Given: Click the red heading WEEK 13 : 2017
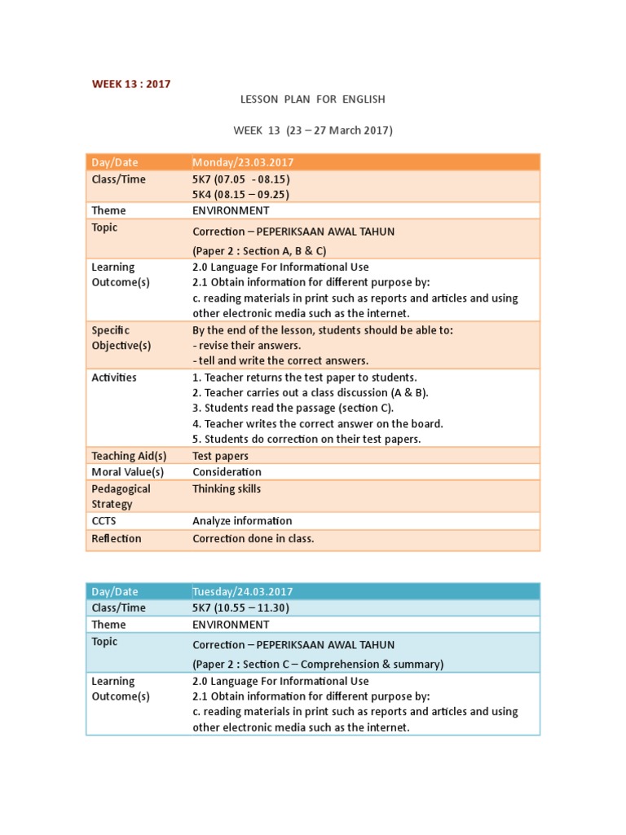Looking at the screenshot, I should point(130,84).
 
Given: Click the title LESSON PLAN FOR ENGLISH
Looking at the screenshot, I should point(312,99).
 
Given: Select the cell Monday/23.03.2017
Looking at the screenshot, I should point(243,162).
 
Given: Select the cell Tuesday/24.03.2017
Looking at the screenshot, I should point(243,591).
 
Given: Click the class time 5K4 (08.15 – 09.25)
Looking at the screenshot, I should point(241,194).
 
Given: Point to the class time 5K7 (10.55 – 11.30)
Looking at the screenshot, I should point(241,607).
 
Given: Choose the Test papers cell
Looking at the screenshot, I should point(220,456).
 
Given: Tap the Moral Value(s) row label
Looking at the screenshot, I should point(128,472).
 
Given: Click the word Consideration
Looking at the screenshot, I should point(227,472).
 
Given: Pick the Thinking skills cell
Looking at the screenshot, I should point(227,489).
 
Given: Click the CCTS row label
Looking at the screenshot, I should point(104,521).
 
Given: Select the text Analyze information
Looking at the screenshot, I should point(242,521).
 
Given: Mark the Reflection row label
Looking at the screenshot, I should point(116,538).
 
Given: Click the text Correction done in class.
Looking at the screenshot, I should point(253,538).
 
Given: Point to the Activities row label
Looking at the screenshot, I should point(114,378).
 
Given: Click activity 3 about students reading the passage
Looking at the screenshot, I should point(293,409).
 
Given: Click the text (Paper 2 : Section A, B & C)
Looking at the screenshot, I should point(259,250).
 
